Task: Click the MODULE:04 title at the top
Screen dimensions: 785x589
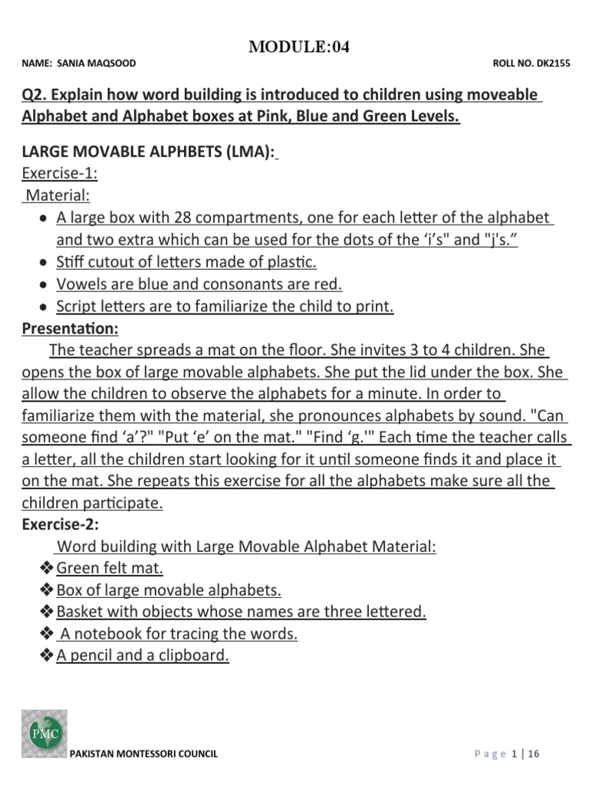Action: (x=299, y=48)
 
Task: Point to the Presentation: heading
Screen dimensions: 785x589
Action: (x=70, y=328)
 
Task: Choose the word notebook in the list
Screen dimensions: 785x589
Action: (x=110, y=634)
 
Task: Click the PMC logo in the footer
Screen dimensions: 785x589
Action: (x=44, y=734)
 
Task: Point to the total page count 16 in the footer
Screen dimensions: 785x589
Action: (x=534, y=754)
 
